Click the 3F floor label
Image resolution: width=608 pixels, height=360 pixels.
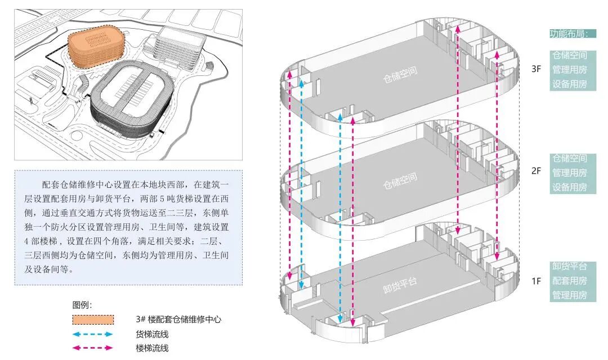pos(537,70)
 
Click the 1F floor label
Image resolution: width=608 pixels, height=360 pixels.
pos(535,280)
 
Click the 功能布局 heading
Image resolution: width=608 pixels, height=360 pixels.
pos(569,34)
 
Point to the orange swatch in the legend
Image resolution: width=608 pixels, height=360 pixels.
pos(93,319)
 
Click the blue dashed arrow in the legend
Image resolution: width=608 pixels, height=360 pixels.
pos(93,334)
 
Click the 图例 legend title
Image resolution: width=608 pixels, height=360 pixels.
pos(82,305)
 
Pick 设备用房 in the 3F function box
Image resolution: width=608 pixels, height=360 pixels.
pos(569,84)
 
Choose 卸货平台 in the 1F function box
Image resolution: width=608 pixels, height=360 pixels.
pos(569,266)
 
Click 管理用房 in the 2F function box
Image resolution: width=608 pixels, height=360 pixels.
pos(569,173)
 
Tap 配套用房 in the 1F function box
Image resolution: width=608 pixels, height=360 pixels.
pos(569,281)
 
